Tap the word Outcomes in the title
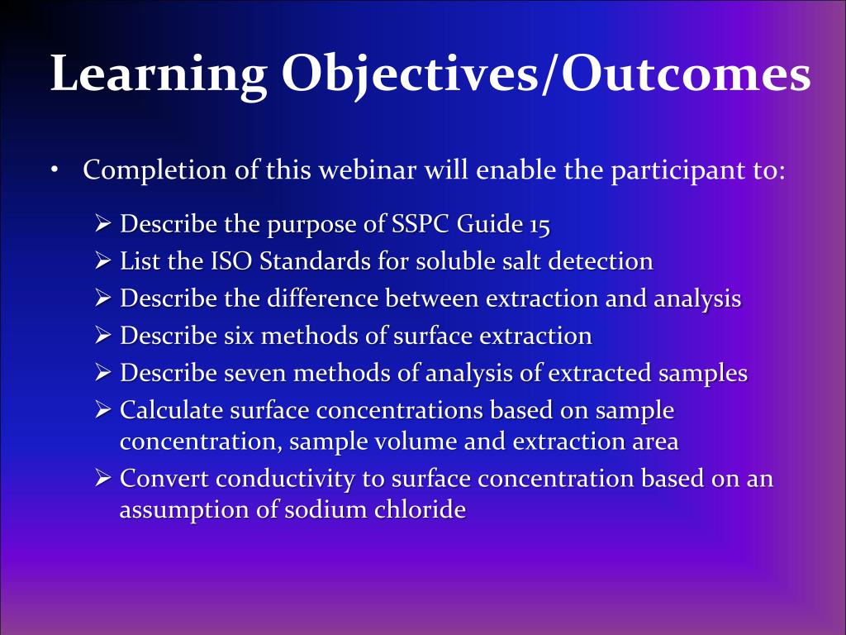686,73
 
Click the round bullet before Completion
54,170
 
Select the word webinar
367,170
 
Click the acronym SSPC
421,223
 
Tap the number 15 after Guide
539,225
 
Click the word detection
601,261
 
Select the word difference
322,298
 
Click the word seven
254,374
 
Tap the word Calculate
172,410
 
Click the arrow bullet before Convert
102,479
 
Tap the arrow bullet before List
102,261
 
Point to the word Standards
315,261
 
